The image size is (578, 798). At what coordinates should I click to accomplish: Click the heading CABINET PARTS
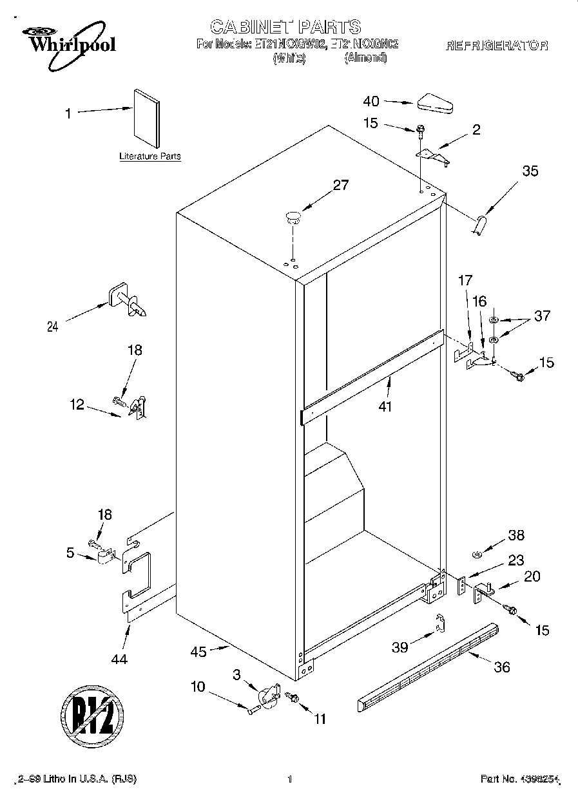pyautogui.click(x=285, y=27)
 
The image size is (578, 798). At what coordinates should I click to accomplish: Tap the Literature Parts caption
pyautogui.click(x=149, y=157)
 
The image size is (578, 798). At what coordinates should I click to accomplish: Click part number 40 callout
pyautogui.click(x=371, y=101)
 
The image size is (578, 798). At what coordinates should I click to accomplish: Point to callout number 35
pyautogui.click(x=530, y=171)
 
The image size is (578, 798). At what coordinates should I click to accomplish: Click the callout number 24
pyautogui.click(x=52, y=327)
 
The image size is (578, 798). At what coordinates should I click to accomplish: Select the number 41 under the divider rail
pyautogui.click(x=385, y=406)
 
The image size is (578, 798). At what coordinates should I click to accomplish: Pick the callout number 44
pyautogui.click(x=119, y=658)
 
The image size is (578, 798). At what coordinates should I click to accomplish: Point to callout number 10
pyautogui.click(x=198, y=687)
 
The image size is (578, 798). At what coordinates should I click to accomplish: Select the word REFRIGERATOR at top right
pyautogui.click(x=497, y=46)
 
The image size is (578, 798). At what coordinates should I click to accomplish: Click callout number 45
pyautogui.click(x=198, y=652)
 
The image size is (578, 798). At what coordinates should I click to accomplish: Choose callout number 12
pyautogui.click(x=77, y=404)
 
